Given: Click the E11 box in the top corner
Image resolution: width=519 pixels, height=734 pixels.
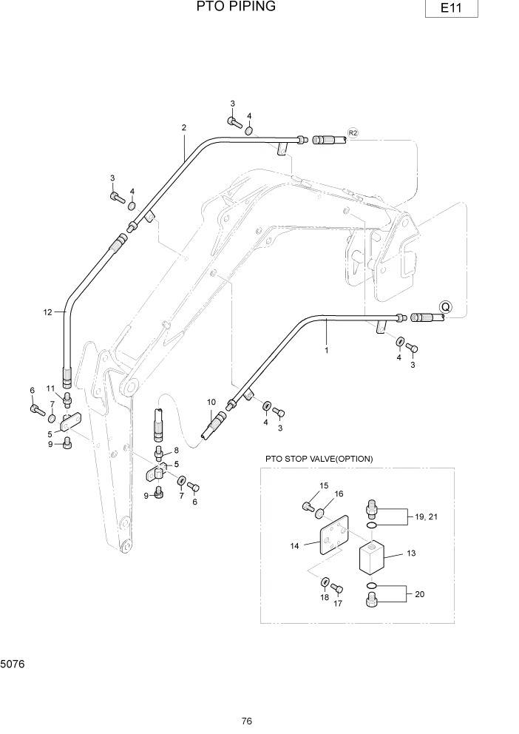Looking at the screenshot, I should coord(450,9).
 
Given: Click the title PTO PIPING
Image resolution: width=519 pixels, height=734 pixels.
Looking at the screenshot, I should coord(236,7).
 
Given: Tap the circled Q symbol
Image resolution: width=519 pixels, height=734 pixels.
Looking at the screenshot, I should coord(446,306).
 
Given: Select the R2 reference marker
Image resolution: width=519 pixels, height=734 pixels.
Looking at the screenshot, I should coord(353,133).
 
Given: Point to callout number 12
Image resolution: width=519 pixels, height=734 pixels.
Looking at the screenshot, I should coord(47,312).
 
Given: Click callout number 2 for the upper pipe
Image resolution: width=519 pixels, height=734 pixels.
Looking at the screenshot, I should coord(183,127).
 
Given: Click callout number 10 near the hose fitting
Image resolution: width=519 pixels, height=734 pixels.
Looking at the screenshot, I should coord(211,403).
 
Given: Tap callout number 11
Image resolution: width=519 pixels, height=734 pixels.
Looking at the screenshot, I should coord(51,388).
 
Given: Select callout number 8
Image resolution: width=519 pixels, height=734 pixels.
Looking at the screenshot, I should coord(176,450).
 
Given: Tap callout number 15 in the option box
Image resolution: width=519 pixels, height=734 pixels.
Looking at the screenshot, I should coord(323,485).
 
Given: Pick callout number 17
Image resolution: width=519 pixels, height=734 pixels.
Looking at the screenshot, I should coord(339,604).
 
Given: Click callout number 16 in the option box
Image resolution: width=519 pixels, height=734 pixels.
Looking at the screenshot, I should coord(339,494).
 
